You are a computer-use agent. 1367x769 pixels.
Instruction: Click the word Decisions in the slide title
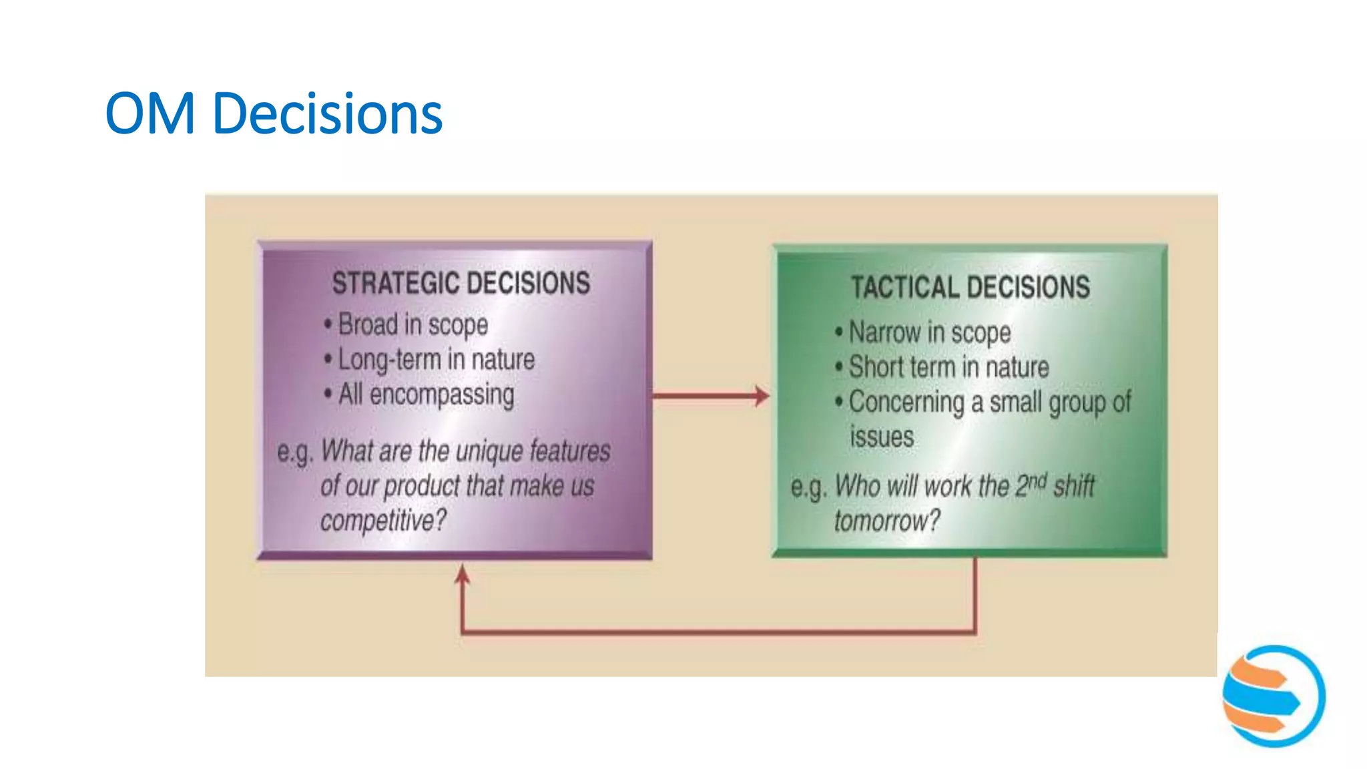tap(327, 113)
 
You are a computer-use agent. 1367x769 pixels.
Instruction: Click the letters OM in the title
tap(150, 113)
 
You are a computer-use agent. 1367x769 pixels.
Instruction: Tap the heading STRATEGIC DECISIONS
tap(461, 283)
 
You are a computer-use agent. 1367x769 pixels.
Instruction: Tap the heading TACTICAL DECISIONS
tap(970, 288)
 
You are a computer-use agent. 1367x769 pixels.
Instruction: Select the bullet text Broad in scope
tap(413, 325)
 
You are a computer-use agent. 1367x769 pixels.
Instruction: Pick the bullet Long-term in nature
tap(436, 360)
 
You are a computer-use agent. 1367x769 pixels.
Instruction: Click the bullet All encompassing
tap(426, 395)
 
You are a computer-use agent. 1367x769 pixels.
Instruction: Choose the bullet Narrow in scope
tap(929, 332)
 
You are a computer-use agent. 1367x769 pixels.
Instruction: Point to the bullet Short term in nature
tap(948, 367)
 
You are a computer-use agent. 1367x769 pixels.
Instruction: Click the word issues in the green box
tap(882, 437)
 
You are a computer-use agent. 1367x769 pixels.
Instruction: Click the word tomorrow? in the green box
tap(887, 521)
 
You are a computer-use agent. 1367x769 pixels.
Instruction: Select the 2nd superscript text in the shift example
tap(1031, 484)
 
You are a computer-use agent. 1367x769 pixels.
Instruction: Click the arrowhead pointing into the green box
tap(762, 396)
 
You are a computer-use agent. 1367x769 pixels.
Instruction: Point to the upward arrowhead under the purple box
tap(462, 574)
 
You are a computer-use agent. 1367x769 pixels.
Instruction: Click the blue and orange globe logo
tap(1274, 696)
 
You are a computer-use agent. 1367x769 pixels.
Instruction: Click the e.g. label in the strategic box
tap(294, 453)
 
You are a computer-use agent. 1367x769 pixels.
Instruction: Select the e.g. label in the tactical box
tap(808, 487)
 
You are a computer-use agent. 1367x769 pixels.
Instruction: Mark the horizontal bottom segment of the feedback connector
tap(718, 631)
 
